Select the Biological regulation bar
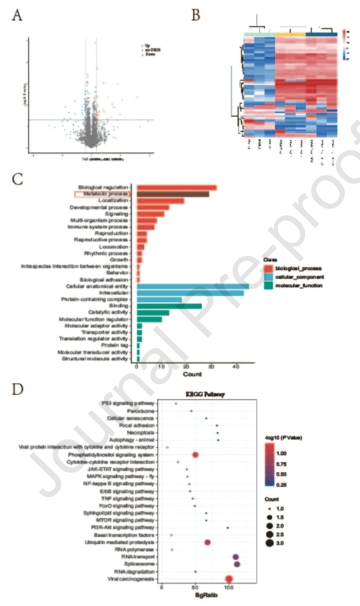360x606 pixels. (x=176, y=188)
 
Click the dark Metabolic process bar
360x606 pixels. (x=173, y=194)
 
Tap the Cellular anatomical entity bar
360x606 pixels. (x=193, y=286)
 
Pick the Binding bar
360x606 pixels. (x=169, y=306)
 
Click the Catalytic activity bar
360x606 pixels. (x=153, y=313)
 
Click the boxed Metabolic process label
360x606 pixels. (x=101, y=194)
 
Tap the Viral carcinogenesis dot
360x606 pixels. (x=229, y=579)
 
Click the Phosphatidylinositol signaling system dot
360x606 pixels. (x=195, y=455)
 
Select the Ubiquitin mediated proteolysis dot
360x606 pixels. (x=207, y=542)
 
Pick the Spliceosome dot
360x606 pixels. (x=237, y=564)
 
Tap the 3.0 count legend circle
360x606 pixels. (x=270, y=543)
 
